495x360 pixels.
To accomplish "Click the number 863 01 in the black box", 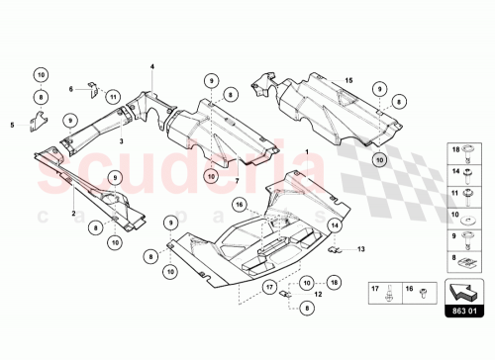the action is [x=464, y=310].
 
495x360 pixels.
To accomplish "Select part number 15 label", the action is [x=348, y=78].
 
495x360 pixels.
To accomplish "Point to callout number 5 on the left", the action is [x=12, y=125].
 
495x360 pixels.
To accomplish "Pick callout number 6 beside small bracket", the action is [x=71, y=88].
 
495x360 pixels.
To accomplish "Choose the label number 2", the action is [x=73, y=212].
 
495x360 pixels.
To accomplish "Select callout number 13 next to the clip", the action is [x=361, y=248].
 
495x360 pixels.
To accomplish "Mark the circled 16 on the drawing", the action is [x=238, y=206].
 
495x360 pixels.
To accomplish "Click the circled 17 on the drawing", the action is [x=268, y=289].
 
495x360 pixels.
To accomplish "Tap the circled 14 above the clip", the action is [x=335, y=226].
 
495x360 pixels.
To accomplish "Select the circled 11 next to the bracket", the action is [x=114, y=97].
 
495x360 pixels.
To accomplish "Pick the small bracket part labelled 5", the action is [x=37, y=123].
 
